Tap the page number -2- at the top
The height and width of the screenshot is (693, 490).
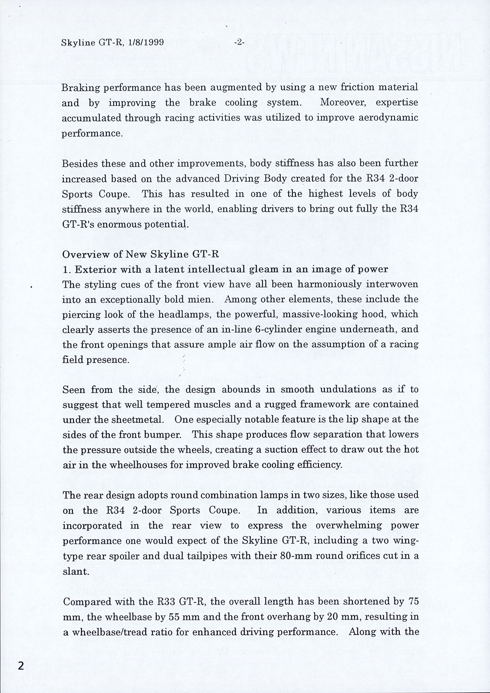pos(239,43)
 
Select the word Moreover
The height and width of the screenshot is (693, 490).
pos(342,103)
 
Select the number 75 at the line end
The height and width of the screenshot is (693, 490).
pos(413,601)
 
